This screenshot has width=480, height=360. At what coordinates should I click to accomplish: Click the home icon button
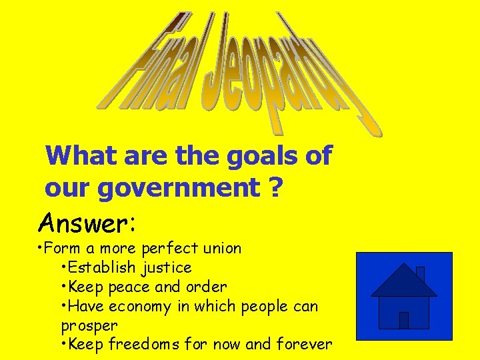tap(404, 296)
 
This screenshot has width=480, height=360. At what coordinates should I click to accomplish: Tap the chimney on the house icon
tap(420, 273)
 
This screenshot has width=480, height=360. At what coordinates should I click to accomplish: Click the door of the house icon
tap(403, 320)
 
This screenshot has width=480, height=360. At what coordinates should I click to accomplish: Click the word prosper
tap(89, 326)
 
